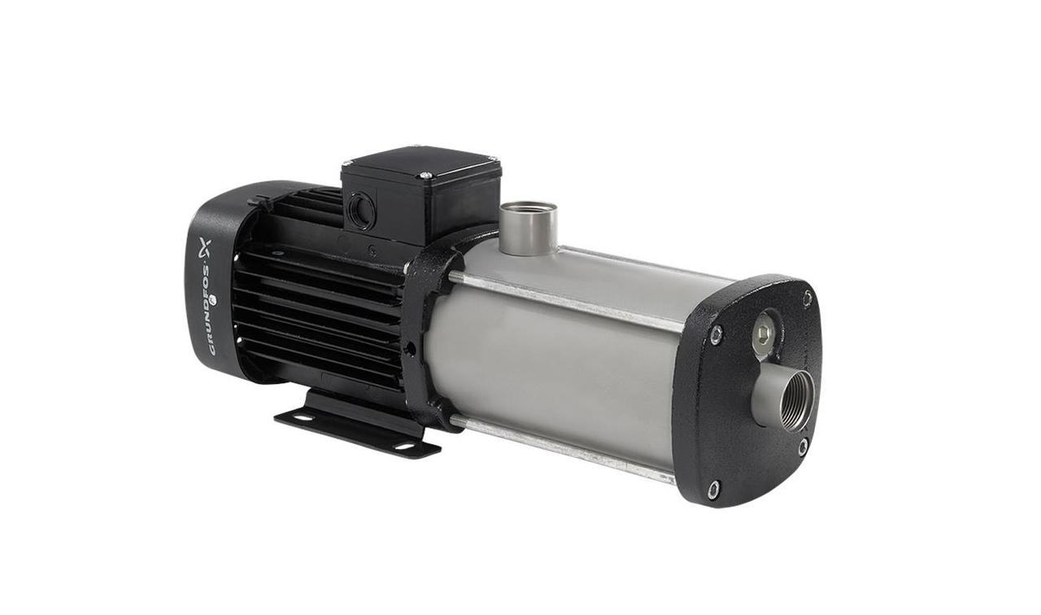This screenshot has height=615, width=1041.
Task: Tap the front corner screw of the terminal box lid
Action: click(424, 175)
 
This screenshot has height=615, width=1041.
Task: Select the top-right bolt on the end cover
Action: click(807, 297)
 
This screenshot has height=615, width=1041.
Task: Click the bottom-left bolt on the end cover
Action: click(713, 489)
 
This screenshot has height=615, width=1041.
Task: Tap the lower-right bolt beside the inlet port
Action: click(802, 446)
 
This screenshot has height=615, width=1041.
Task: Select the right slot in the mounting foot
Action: click(403, 446)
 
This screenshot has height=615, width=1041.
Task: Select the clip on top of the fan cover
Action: click(259, 199)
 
